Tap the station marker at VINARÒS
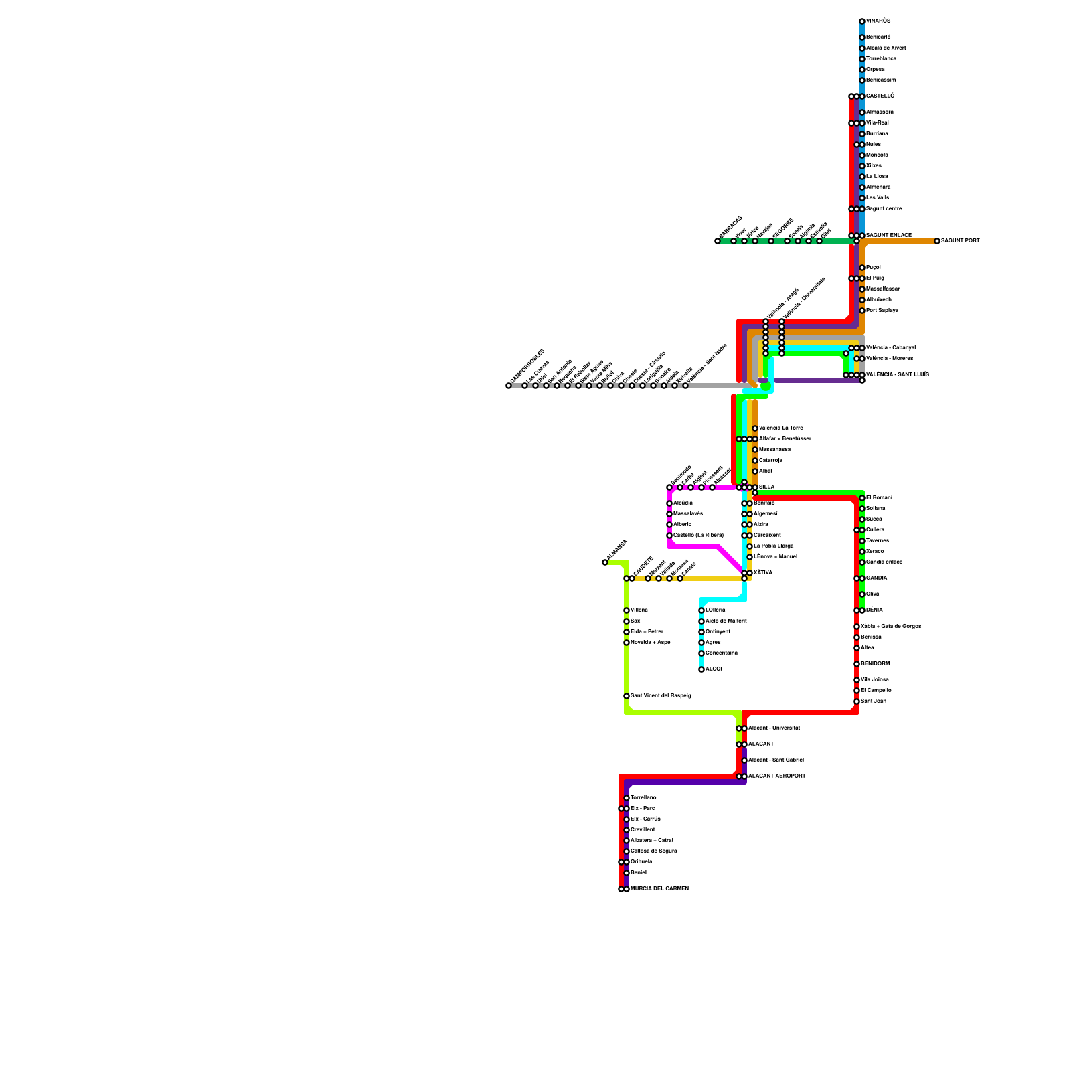coord(862,21)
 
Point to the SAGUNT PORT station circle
coord(937,241)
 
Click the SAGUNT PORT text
coord(960,241)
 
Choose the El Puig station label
coord(875,278)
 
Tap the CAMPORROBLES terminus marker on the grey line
coord(509,386)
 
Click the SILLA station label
coord(766,487)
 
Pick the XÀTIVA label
coord(762,573)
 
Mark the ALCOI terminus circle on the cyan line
coord(702,669)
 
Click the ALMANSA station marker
coord(605,562)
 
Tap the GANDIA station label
coord(876,578)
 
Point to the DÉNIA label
coord(874,610)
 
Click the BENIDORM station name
coord(875,664)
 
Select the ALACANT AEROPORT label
coord(776,776)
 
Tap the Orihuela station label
coord(641,862)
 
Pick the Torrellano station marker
coord(627,798)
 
